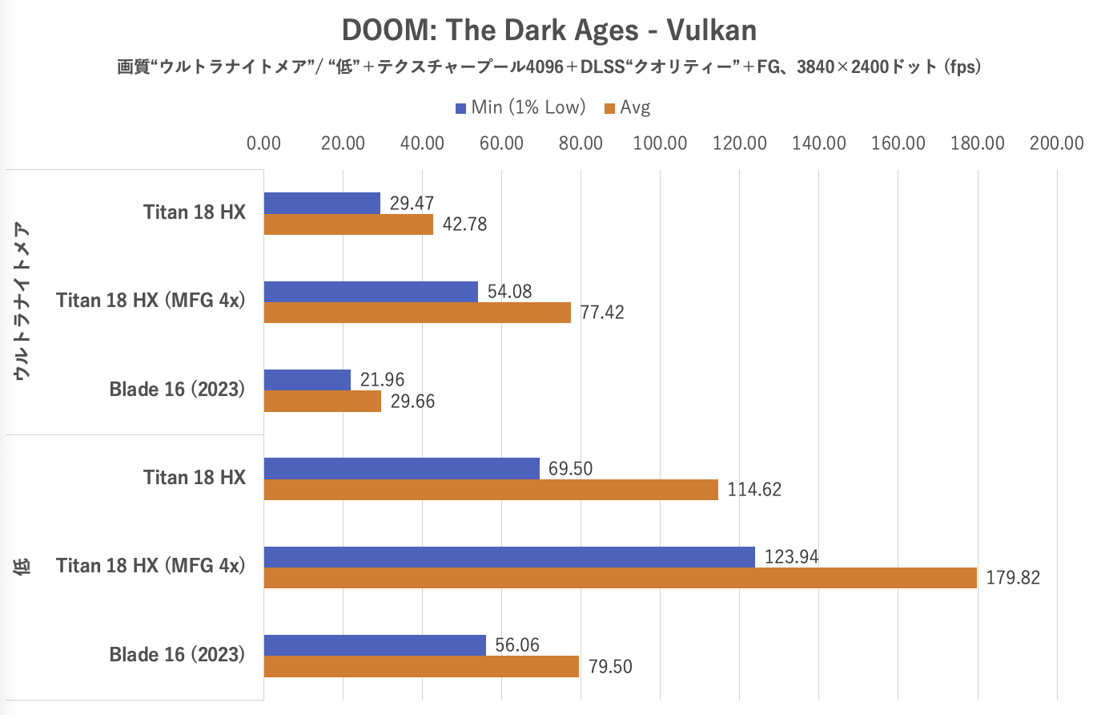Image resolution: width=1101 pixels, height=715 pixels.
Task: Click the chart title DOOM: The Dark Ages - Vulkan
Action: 549,30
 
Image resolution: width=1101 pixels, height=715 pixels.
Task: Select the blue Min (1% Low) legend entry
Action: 520,107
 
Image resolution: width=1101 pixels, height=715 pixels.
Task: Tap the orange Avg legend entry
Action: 628,107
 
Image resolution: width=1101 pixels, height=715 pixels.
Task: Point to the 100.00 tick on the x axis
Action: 660,143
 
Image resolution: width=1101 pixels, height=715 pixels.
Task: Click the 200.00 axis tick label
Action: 1056,143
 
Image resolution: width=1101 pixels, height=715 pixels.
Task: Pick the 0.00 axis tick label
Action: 263,143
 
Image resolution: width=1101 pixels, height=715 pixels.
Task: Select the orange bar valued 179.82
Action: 620,578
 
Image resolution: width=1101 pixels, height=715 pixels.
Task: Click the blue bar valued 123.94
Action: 509,557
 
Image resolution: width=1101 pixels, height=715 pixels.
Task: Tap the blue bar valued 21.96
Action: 307,380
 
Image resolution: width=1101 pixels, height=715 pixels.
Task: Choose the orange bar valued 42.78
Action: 348,224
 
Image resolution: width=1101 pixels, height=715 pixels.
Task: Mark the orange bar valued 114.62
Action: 491,490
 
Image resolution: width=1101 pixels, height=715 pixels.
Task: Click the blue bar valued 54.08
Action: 371,292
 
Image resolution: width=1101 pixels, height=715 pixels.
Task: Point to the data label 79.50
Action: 610,667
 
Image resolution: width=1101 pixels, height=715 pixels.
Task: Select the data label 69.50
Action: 570,469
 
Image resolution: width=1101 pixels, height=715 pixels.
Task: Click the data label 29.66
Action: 412,402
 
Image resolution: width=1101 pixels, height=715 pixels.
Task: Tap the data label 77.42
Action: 602,313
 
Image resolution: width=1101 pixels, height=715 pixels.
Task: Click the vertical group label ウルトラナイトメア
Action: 22,301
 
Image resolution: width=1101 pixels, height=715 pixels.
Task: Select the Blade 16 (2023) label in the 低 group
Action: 177,655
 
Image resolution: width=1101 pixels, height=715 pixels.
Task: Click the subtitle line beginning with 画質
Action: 549,67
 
